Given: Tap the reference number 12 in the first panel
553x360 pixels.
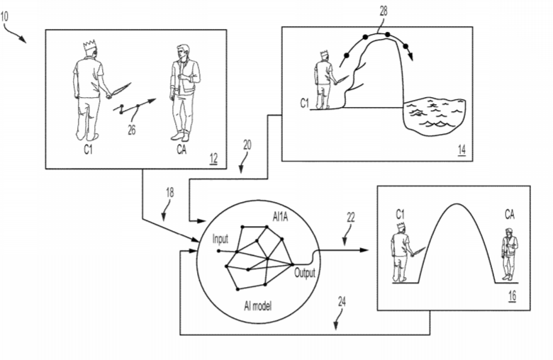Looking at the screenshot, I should point(213,157).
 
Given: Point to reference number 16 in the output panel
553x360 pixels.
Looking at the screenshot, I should point(512,298).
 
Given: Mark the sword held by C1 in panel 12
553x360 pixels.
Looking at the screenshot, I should point(119,89).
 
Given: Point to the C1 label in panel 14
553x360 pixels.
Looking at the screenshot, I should point(303,104).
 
